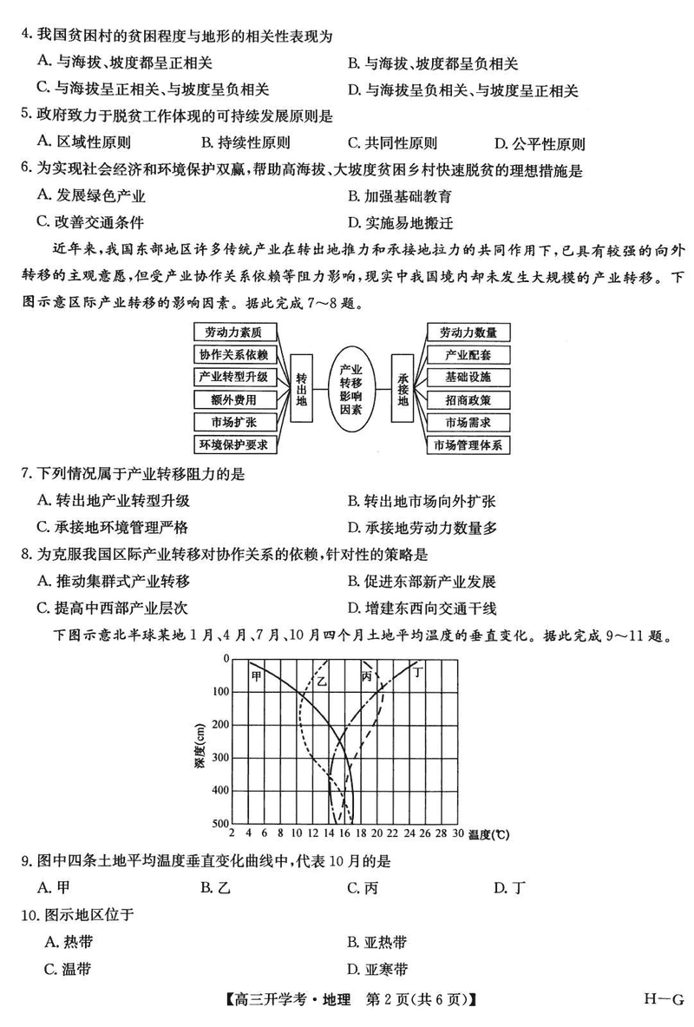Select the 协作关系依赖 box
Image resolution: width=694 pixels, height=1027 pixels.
tap(233, 354)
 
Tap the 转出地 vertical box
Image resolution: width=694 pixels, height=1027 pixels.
tap(301, 388)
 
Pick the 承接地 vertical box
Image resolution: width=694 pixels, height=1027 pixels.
tap(402, 388)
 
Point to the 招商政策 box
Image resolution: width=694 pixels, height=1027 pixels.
tap(468, 400)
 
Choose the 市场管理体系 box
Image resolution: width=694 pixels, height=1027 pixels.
tap(468, 445)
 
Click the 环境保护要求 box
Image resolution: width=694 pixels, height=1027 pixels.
tap(233, 445)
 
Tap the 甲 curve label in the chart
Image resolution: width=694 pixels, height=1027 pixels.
tap(256, 675)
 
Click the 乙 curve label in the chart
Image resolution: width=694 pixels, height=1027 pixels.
tap(322, 681)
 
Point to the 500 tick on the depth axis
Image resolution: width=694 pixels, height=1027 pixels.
tap(219, 823)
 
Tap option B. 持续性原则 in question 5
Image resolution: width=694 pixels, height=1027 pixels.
tap(246, 143)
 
